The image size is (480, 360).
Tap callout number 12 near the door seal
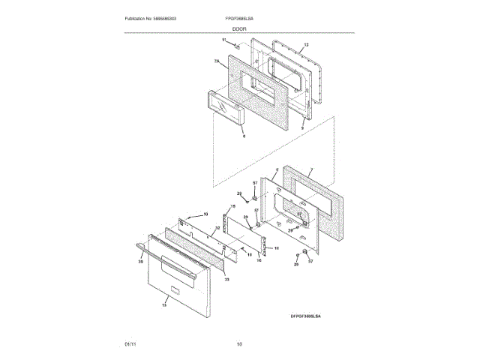pos(306,46)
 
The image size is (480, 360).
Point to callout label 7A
pos(216,61)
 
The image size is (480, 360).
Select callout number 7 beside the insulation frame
pos(311,169)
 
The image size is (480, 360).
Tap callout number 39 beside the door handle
pos(140,262)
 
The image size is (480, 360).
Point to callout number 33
pos(226,278)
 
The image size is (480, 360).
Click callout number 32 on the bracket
pos(217,227)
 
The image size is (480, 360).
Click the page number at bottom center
pos(239,344)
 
